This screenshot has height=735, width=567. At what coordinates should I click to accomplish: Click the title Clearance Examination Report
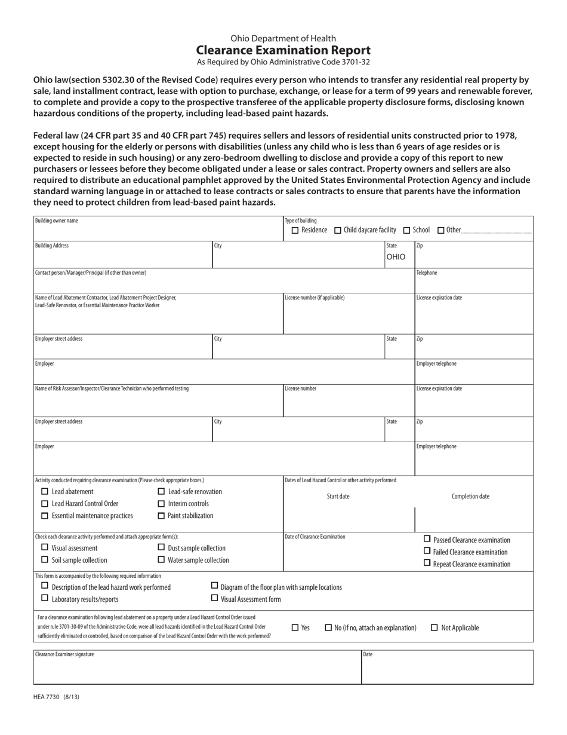pyautogui.click(x=283, y=50)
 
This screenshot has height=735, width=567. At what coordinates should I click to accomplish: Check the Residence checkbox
pyautogui.click(x=295, y=231)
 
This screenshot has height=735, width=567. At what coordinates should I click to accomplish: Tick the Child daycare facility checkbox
pyautogui.click(x=338, y=231)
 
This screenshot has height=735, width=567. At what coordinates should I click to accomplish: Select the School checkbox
pyautogui.click(x=406, y=231)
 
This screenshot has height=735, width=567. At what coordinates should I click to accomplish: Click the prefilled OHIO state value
pyautogui.click(x=395, y=257)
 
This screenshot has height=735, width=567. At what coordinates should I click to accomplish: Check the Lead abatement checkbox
pyautogui.click(x=45, y=492)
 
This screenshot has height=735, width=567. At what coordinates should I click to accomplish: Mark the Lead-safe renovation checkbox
pyautogui.click(x=161, y=492)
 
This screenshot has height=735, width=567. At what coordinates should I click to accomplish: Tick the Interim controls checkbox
pyautogui.click(x=161, y=504)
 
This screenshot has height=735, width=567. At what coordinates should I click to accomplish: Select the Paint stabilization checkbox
pyautogui.click(x=161, y=516)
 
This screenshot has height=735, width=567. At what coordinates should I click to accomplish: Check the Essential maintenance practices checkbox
pyautogui.click(x=45, y=516)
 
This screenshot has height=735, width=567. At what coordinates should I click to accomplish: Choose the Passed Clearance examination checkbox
pyautogui.click(x=427, y=538)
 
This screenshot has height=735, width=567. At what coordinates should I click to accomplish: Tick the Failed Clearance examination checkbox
pyautogui.click(x=427, y=551)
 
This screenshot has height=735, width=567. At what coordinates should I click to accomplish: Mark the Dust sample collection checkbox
pyautogui.click(x=161, y=547)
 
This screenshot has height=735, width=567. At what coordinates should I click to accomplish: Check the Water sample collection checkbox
pyautogui.click(x=161, y=560)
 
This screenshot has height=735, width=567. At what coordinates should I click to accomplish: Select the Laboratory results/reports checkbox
pyautogui.click(x=45, y=598)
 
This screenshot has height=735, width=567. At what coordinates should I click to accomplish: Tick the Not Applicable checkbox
pyautogui.click(x=434, y=627)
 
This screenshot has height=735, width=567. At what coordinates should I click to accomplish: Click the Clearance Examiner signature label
pyautogui.click(x=64, y=654)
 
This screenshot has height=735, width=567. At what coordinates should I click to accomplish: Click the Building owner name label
pyautogui.click(x=57, y=221)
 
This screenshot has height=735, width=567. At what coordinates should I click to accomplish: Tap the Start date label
pyautogui.click(x=338, y=497)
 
